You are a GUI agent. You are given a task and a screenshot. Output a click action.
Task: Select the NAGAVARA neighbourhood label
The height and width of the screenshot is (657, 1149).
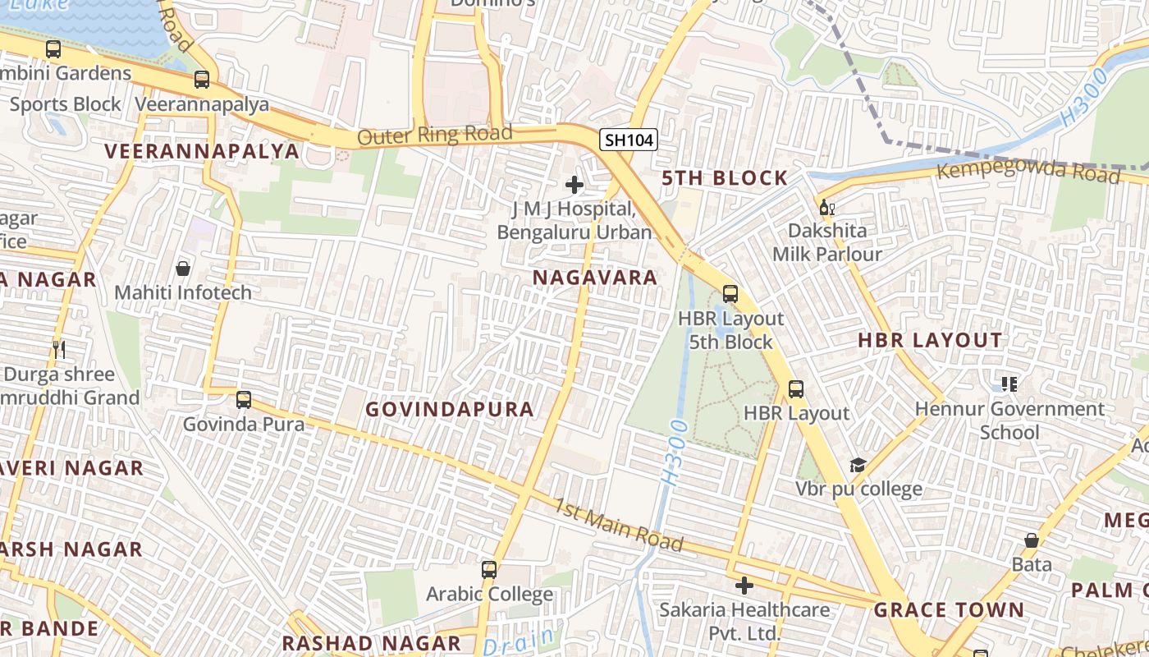(595, 278)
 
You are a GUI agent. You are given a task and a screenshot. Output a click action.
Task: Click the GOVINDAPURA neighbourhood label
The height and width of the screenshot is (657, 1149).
(449, 409)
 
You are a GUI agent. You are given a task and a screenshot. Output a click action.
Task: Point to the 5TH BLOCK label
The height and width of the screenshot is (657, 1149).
(725, 178)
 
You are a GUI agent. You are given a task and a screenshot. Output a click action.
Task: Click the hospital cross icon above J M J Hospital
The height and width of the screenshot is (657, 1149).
(574, 185)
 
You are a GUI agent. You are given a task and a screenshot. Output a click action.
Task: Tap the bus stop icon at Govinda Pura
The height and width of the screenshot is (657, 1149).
(244, 400)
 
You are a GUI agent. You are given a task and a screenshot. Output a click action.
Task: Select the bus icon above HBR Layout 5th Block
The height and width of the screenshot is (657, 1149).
(730, 294)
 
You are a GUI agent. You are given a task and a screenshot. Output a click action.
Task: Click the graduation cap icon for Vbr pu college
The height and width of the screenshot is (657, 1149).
(858, 466)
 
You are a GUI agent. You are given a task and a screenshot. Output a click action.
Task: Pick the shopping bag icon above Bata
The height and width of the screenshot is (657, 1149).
(1032, 540)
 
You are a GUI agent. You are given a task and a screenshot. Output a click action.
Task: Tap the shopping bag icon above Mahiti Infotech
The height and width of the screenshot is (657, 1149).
(183, 269)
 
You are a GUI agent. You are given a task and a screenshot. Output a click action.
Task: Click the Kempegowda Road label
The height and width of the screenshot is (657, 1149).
(1028, 171)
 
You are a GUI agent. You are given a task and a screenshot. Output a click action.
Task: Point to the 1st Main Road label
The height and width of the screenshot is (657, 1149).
(617, 524)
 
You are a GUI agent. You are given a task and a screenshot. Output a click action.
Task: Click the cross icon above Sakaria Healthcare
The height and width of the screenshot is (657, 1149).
(744, 586)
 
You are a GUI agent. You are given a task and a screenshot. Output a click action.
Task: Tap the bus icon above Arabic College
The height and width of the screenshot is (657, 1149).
(489, 569)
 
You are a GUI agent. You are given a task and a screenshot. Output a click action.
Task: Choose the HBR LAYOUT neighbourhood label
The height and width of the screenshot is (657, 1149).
(930, 340)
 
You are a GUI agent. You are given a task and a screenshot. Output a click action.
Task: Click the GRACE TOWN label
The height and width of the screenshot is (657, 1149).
(949, 610)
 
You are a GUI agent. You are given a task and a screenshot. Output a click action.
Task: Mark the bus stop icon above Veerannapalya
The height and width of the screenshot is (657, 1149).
(202, 80)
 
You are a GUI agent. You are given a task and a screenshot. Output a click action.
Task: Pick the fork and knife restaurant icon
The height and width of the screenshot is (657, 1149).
(58, 349)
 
